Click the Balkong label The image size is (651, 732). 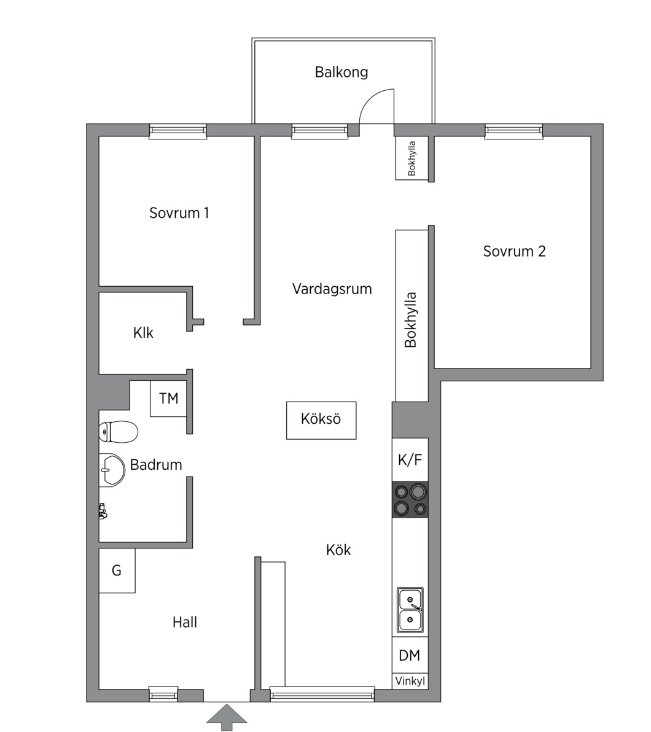point(341,72)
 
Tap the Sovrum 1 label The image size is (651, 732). point(179,213)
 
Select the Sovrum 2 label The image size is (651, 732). point(514,251)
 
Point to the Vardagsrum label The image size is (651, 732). point(332,289)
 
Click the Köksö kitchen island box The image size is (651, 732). point(321,420)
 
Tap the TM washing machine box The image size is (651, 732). point(169,398)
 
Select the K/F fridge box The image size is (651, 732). point(410,460)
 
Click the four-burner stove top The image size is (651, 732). point(410,499)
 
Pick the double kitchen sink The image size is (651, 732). point(410,610)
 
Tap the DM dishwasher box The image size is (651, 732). point(410,655)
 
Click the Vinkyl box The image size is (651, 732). point(410,681)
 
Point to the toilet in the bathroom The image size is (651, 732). point(119,431)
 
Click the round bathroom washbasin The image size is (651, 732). point(112,470)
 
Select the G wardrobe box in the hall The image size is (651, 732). point(117,570)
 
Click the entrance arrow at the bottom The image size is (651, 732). point(227,717)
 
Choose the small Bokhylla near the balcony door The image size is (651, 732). point(412,158)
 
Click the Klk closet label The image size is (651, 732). point(143,333)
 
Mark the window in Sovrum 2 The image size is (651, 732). point(513,131)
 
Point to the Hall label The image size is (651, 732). point(184,622)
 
